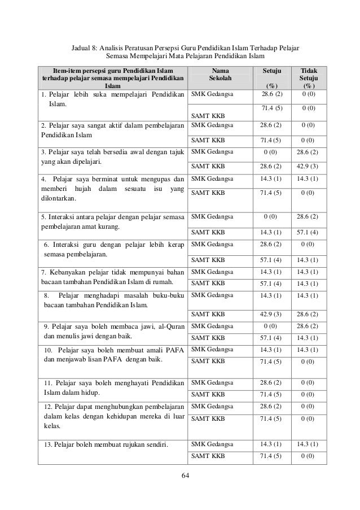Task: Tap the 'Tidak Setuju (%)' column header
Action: [x=309, y=77]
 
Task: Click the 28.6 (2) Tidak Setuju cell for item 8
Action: [x=309, y=314]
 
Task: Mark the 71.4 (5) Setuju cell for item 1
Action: [x=274, y=107]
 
